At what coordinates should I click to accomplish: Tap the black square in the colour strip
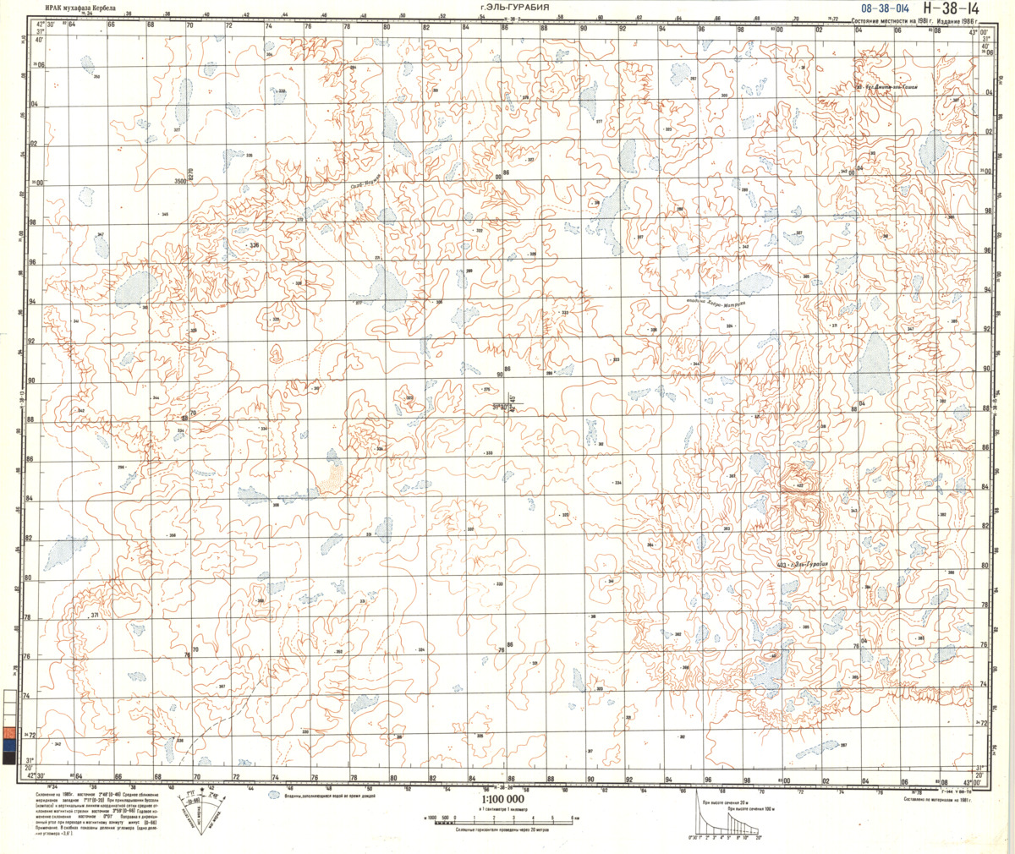[8, 758]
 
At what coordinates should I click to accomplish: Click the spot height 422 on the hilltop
[797, 486]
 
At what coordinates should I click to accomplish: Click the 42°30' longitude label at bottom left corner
[34, 775]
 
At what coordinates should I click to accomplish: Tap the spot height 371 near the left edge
[94, 616]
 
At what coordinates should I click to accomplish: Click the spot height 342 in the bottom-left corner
[58, 743]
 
